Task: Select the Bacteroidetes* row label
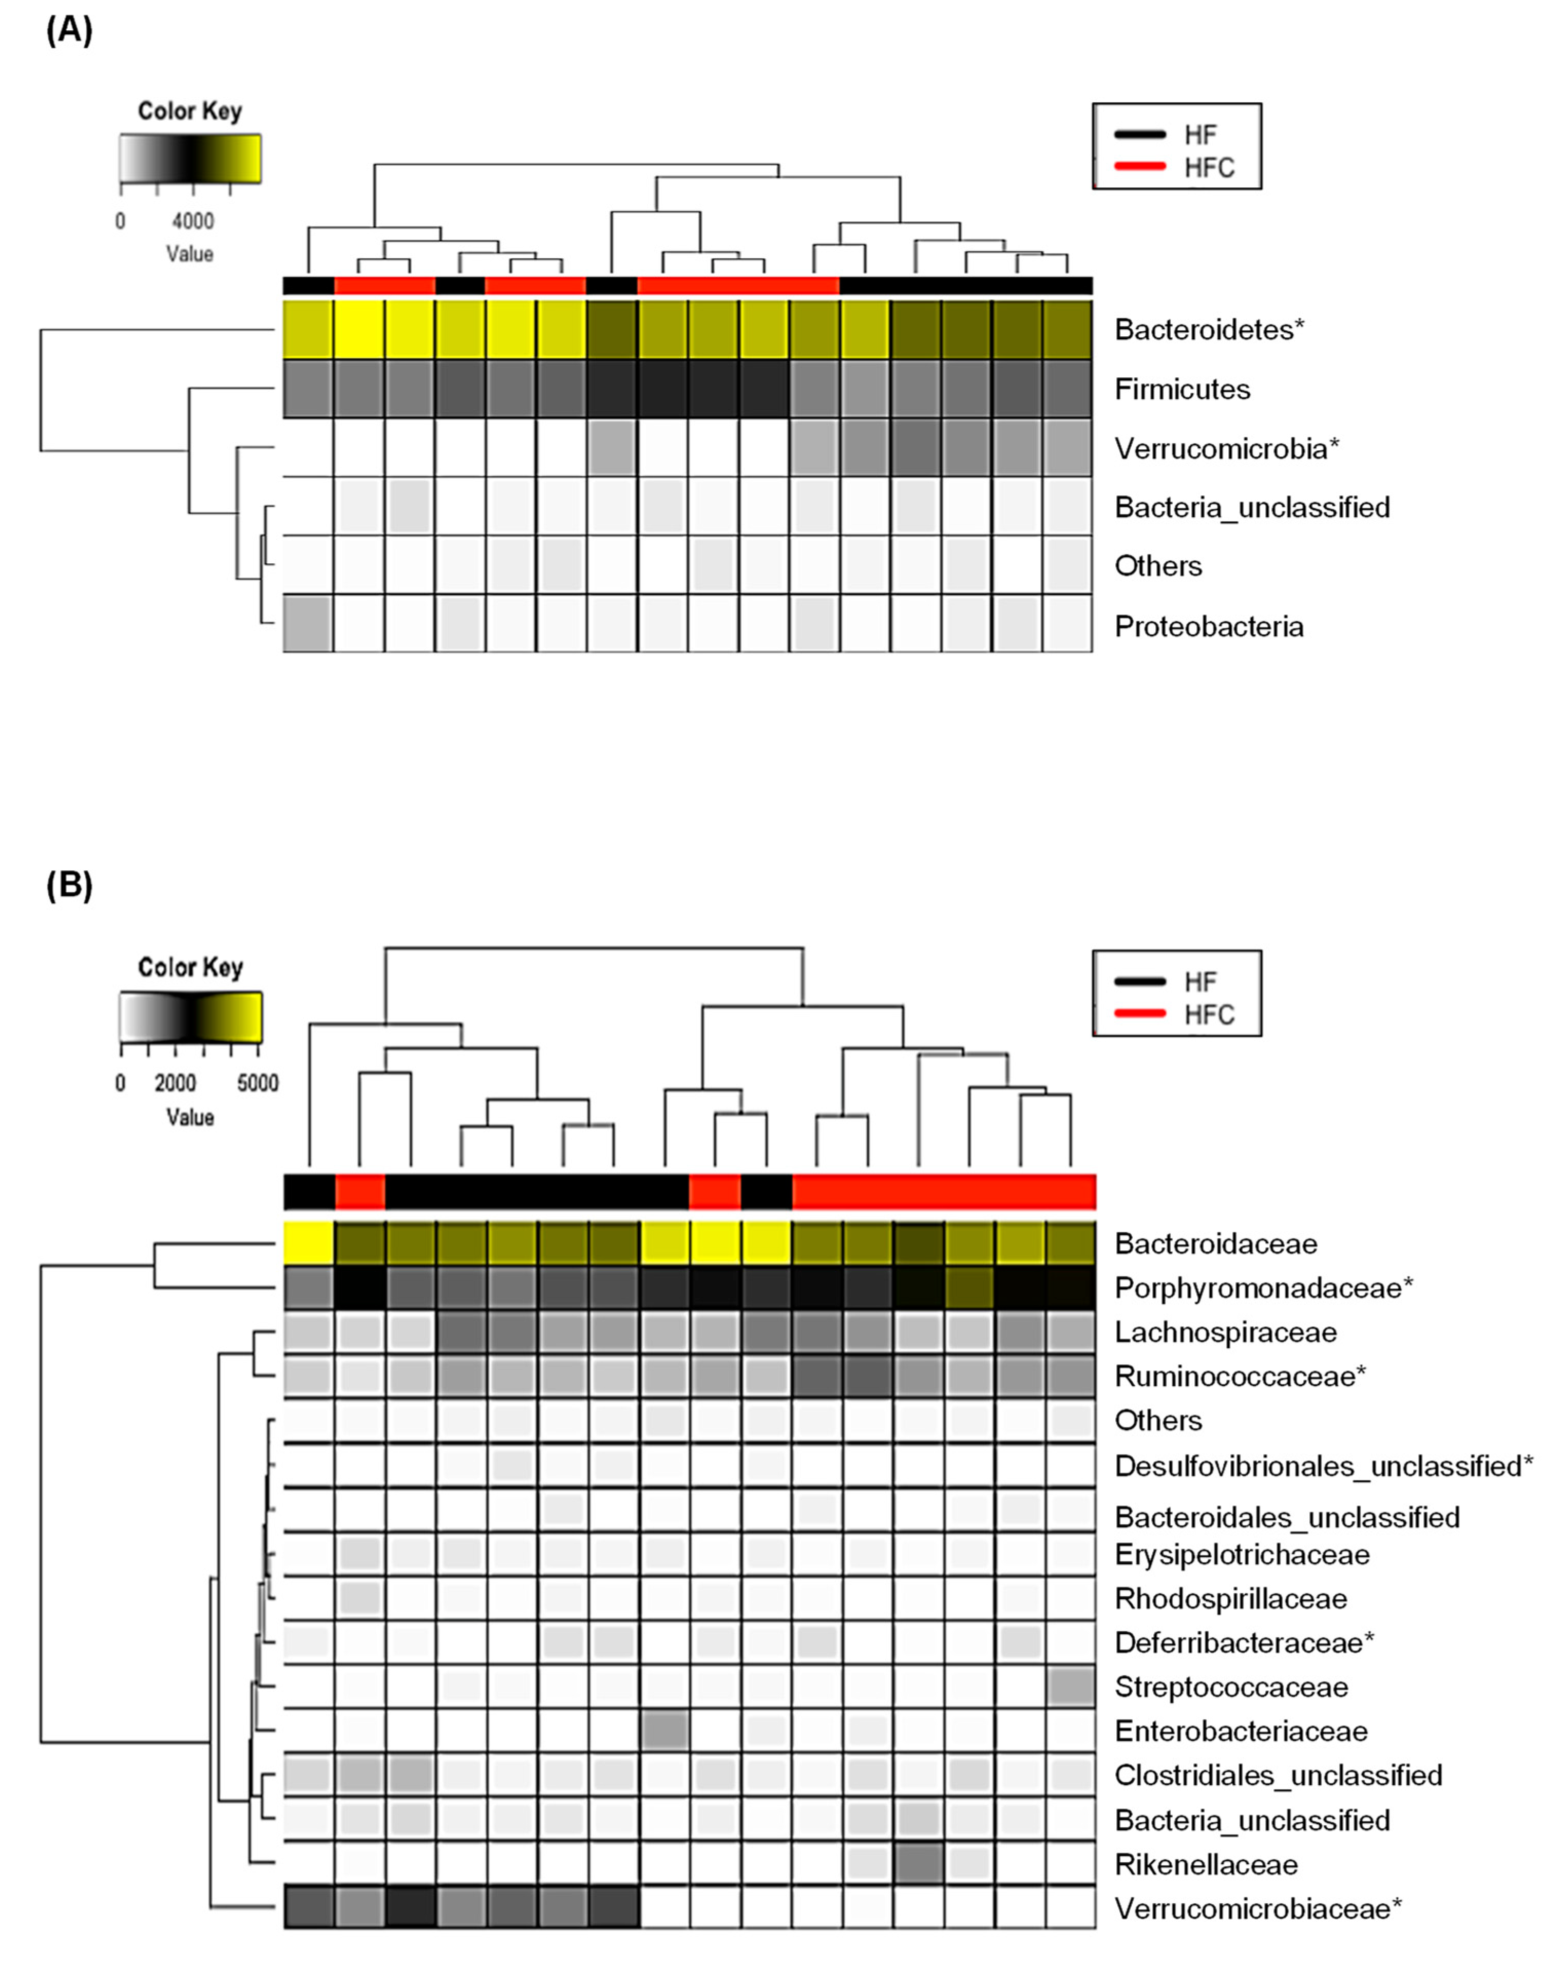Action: pyautogui.click(x=1209, y=330)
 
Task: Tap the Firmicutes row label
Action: pyautogui.click(x=1182, y=389)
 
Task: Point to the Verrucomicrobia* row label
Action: pyautogui.click(x=1226, y=448)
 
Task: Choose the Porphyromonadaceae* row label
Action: pyautogui.click(x=1263, y=1287)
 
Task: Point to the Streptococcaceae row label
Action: pyautogui.click(x=1230, y=1686)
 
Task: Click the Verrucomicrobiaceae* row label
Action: pyautogui.click(x=1258, y=1908)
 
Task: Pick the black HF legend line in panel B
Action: pyautogui.click(x=1140, y=982)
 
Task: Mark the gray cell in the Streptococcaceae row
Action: pyautogui.click(x=1072, y=1686)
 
